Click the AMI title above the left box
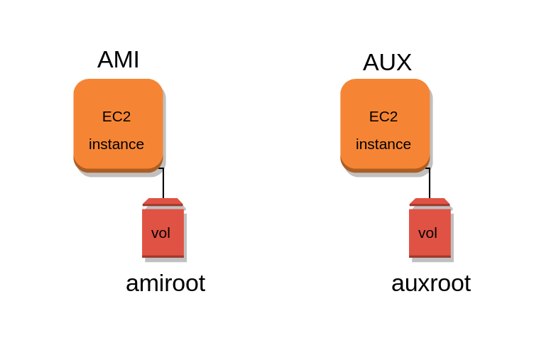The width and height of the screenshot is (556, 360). [x=118, y=60]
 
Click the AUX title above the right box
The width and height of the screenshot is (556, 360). [x=387, y=62]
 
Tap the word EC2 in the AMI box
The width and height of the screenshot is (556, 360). [x=116, y=116]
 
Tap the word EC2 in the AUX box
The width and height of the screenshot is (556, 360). [x=383, y=116]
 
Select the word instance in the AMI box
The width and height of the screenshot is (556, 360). [x=116, y=144]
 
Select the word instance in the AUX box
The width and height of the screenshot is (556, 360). [x=383, y=144]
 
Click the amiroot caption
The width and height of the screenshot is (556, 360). [x=165, y=283]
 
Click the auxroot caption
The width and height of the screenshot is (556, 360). [x=431, y=283]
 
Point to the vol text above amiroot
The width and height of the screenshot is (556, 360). [x=160, y=233]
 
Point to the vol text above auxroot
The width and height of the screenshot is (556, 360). [x=427, y=233]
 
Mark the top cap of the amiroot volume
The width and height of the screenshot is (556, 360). [x=163, y=202]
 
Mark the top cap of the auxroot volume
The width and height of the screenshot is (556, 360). [x=430, y=202]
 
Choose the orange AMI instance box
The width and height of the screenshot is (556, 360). [x=118, y=92]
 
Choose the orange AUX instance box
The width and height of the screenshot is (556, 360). [x=385, y=92]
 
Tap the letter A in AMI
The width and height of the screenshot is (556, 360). [x=105, y=60]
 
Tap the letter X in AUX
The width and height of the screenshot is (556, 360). [x=403, y=62]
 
